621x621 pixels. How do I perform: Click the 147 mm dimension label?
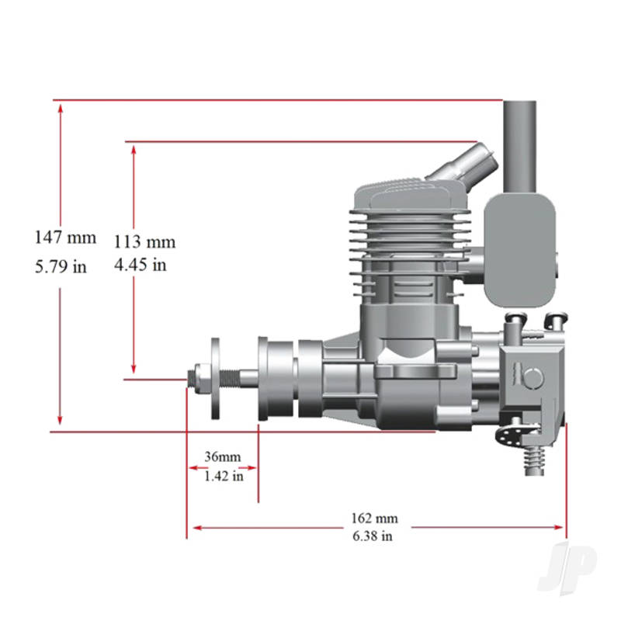point(65,238)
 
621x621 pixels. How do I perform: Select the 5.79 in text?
point(60,267)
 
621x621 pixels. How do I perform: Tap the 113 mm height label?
point(144,241)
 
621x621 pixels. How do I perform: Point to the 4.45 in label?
point(140,265)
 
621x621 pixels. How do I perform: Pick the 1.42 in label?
point(223,476)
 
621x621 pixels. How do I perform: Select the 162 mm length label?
point(375,518)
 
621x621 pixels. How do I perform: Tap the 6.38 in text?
point(375,536)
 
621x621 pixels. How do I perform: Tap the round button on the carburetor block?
point(533,376)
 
